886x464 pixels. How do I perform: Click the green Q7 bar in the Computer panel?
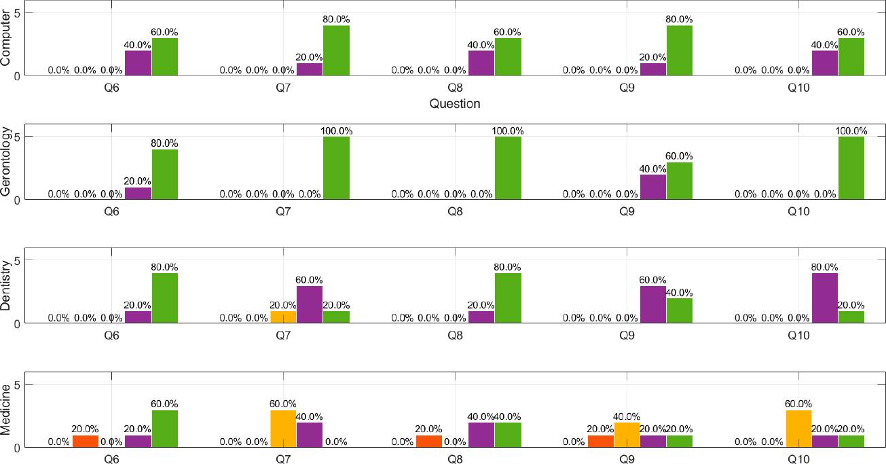336,50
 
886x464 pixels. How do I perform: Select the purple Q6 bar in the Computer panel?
139,63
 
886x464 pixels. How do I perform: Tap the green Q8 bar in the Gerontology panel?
508,168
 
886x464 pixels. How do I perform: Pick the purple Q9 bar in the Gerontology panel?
653,187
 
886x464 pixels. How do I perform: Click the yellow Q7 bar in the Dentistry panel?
283,317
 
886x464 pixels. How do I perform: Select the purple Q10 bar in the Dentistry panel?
825,298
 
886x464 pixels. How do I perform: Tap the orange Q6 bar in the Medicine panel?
86,441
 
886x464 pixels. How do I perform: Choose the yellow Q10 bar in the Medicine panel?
798,428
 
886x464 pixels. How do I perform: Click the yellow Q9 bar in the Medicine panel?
627,434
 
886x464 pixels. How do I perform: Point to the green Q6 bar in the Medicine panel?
165,428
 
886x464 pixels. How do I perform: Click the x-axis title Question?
455,104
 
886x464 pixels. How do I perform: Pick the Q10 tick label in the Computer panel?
798,88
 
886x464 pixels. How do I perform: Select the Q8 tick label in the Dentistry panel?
456,336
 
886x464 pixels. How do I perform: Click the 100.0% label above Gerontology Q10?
851,130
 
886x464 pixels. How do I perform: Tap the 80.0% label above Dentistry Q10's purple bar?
825,267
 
